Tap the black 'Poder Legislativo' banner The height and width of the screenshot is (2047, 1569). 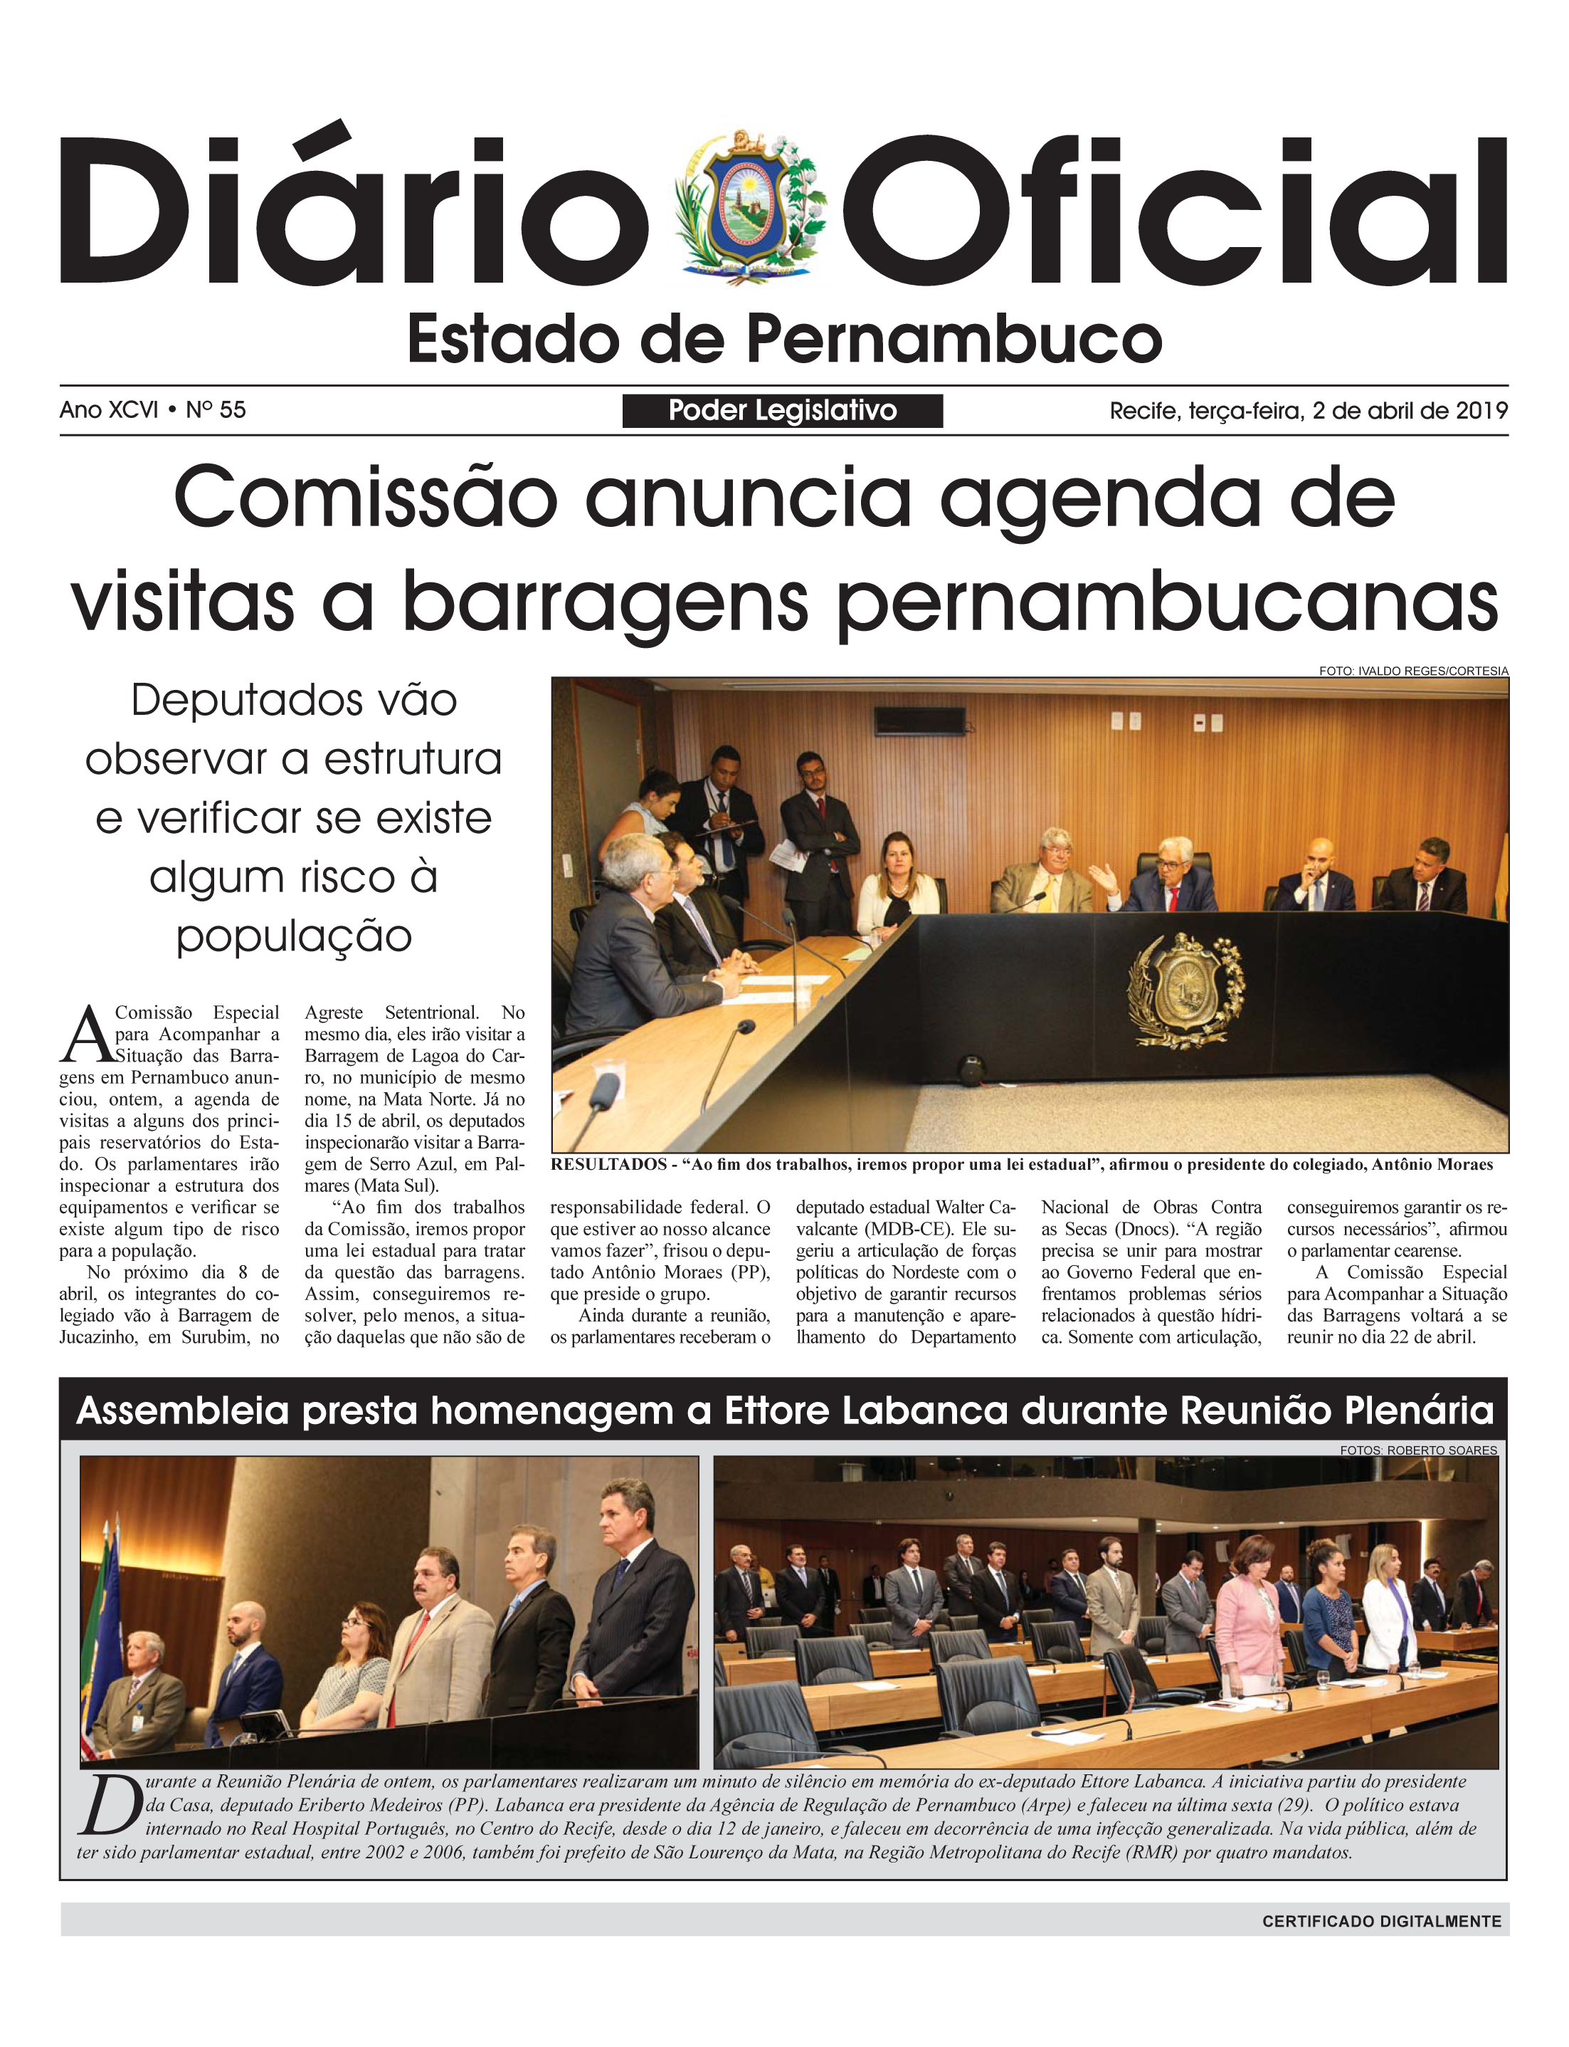pyautogui.click(x=783, y=410)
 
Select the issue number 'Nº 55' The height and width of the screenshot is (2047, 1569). pyautogui.click(x=216, y=410)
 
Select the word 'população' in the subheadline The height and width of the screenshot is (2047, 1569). pyautogui.click(x=293, y=935)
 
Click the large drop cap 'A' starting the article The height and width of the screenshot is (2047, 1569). pyautogui.click(x=84, y=1036)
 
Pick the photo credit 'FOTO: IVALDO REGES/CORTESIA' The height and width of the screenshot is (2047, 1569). pyautogui.click(x=1413, y=671)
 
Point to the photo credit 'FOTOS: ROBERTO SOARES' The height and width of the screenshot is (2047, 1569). pyautogui.click(x=1417, y=1450)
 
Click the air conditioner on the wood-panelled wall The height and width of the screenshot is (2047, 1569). pyautogui.click(x=919, y=721)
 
